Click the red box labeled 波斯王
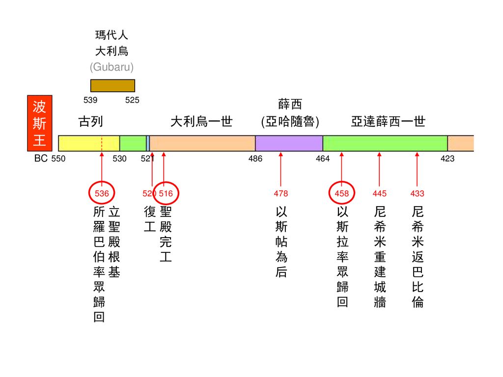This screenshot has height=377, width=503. pyautogui.click(x=39, y=123)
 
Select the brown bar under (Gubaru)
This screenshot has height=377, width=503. pyautogui.click(x=112, y=85)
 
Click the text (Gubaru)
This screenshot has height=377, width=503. pyautogui.click(x=112, y=67)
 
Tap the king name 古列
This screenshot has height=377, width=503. pyautogui.click(x=90, y=122)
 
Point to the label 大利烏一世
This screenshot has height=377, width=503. pyautogui.click(x=201, y=122)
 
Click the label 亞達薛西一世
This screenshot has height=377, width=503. pyautogui.click(x=388, y=122)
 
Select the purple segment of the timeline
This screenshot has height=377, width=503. pyautogui.click(x=289, y=143)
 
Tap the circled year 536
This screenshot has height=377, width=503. pyautogui.click(x=102, y=193)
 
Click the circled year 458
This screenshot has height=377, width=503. pyautogui.click(x=341, y=193)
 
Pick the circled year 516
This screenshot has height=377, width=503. pyautogui.click(x=166, y=193)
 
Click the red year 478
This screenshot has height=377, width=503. pyautogui.click(x=281, y=193)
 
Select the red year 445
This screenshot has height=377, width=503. pyautogui.click(x=380, y=193)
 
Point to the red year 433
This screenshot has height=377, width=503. pyautogui.click(x=417, y=193)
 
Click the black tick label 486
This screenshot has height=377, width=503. pyautogui.click(x=255, y=159)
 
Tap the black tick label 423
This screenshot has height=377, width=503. pyautogui.click(x=447, y=159)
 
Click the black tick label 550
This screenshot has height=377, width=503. pyautogui.click(x=58, y=159)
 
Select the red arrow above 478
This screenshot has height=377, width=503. pyautogui.click(x=281, y=169)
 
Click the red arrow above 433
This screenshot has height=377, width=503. pyautogui.click(x=417, y=169)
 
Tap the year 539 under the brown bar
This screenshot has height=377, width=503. pyautogui.click(x=90, y=100)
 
